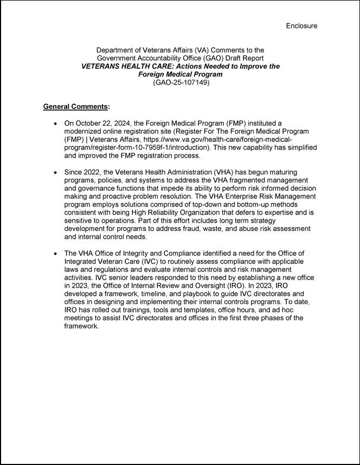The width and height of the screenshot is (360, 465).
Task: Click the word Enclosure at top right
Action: [x=301, y=25]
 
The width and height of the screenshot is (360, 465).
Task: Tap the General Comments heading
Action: [x=76, y=106]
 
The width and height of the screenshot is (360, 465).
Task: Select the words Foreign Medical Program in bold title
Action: [x=181, y=74]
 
